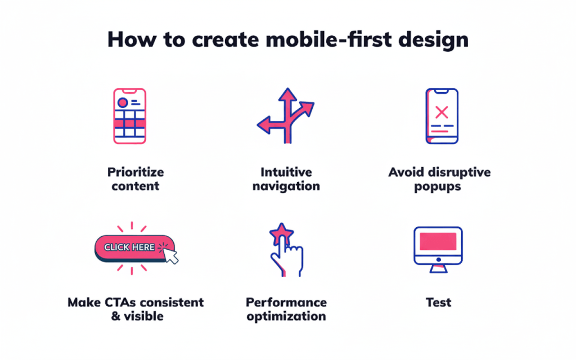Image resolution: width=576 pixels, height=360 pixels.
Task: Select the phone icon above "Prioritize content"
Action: (129, 116)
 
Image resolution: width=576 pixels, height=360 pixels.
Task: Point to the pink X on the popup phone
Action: (442, 112)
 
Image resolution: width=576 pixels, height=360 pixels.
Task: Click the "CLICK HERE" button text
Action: (129, 247)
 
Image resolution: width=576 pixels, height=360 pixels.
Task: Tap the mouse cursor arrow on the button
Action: (169, 254)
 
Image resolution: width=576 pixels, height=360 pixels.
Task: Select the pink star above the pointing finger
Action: (281, 231)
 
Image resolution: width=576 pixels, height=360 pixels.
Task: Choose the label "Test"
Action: (438, 303)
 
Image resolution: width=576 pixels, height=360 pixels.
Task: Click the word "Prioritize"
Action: (136, 172)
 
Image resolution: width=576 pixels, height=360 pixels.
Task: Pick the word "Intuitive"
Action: (286, 172)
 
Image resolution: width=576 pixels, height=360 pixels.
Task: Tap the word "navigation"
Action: (286, 186)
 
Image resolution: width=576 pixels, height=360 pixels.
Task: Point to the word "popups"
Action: (439, 186)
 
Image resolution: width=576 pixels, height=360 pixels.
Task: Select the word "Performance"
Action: (286, 303)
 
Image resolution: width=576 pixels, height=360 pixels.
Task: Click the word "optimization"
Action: (286, 317)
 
